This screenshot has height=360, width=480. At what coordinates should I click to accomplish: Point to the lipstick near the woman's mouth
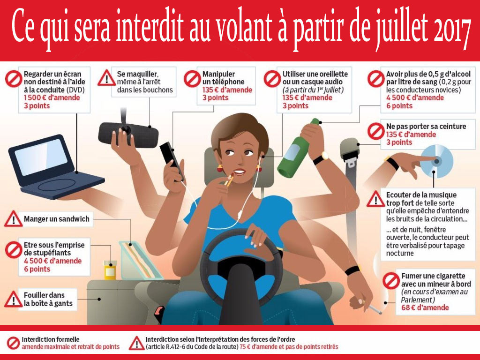(230, 180)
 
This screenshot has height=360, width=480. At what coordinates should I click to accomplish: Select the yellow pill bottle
(110, 270)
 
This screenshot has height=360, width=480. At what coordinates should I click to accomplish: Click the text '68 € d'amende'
(425, 307)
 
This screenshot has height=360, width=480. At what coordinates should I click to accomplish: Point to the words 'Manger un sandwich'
(57, 218)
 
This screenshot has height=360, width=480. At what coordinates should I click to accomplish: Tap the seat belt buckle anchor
(350, 149)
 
